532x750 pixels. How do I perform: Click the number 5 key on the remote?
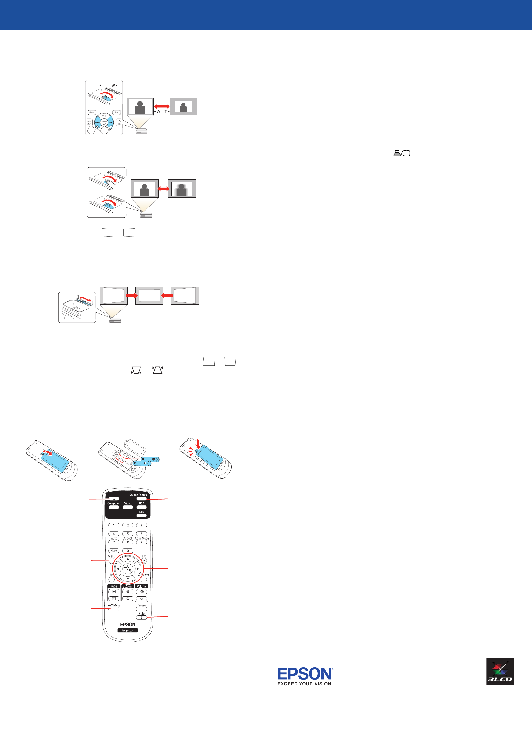click(128, 534)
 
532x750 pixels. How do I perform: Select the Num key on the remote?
click(114, 551)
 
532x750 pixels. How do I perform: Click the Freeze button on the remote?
click(141, 609)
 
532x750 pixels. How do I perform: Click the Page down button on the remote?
click(114, 599)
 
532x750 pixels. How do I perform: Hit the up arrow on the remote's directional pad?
click(128, 559)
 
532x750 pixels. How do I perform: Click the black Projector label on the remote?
click(128, 630)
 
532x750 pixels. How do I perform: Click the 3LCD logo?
click(500, 672)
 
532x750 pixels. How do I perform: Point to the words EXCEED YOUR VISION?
click(304, 684)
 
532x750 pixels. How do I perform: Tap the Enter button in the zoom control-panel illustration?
click(104, 122)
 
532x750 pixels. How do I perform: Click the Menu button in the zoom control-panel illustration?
click(92, 112)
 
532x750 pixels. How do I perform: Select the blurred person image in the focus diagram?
click(182, 189)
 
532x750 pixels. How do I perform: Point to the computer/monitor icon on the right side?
click(402, 153)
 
